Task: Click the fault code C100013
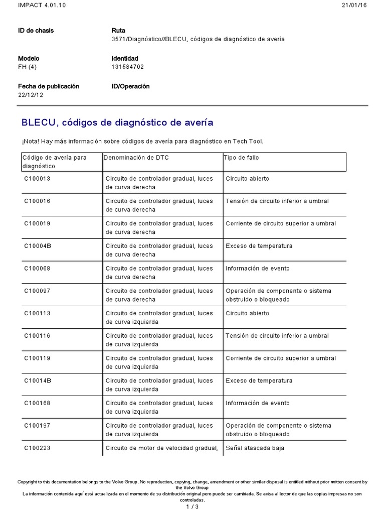point(38,178)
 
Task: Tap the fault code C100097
point(38,291)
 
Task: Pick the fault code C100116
point(38,336)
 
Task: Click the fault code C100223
point(38,448)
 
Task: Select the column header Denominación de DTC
point(136,158)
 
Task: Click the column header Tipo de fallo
point(241,158)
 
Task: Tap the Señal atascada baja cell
point(255,448)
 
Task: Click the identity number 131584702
point(128,67)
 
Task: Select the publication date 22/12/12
point(31,95)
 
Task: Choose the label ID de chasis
point(36,31)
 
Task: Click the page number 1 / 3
point(192,506)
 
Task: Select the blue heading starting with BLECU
point(117,122)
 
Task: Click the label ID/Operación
point(130,86)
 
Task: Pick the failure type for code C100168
point(257,403)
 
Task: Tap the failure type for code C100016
point(277,201)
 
